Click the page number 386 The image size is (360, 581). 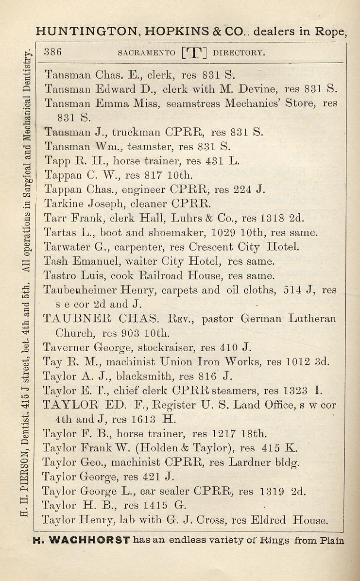coord(52,52)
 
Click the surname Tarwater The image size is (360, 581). coord(66,247)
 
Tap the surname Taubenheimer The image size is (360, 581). coord(84,290)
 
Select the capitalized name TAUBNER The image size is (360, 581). coord(78,319)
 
